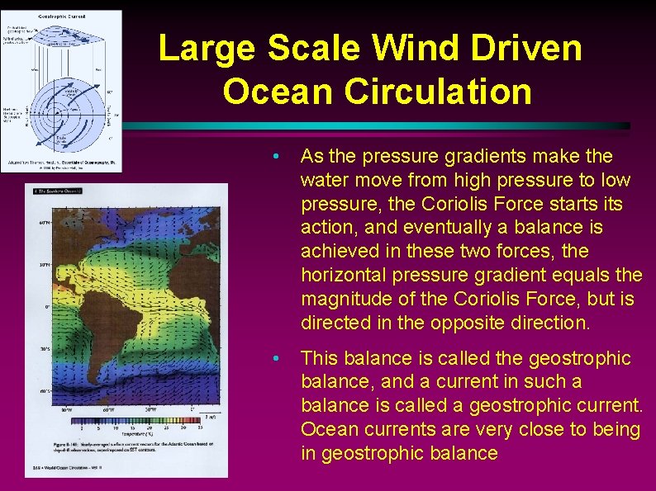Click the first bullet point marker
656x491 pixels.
(283, 157)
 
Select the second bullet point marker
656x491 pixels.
(283, 359)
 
